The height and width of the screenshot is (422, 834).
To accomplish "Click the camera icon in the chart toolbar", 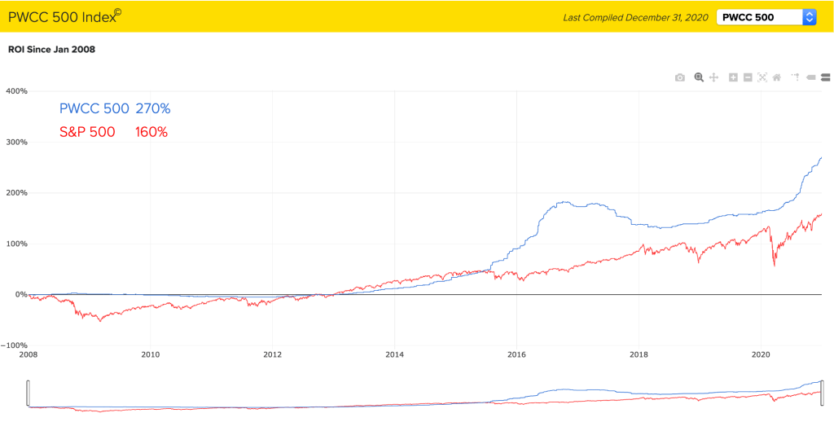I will (x=680, y=77).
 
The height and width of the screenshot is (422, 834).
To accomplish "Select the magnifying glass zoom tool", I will (x=698, y=77).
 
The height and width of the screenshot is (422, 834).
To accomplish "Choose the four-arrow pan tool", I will (x=713, y=77).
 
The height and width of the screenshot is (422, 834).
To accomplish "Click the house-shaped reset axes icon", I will (x=777, y=77).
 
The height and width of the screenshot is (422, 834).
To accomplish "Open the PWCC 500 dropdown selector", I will (x=766, y=17).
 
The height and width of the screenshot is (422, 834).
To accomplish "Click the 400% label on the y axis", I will (x=16, y=91).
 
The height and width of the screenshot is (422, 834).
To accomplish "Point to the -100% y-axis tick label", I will (x=15, y=345).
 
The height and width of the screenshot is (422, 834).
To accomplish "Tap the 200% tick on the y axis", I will (x=16, y=193).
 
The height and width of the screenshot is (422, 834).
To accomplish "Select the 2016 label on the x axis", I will (x=516, y=355).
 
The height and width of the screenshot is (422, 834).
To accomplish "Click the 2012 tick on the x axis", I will (x=272, y=355).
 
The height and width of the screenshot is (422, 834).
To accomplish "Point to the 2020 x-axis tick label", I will (x=760, y=355).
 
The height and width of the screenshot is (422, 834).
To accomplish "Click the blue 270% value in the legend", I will (x=152, y=108).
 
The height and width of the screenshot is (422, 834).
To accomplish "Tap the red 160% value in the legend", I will (x=151, y=132).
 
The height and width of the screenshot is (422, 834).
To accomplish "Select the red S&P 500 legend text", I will (x=87, y=132).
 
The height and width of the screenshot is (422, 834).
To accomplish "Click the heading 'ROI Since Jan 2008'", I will (x=51, y=50).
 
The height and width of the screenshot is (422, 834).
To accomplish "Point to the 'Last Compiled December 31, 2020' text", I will (x=635, y=17).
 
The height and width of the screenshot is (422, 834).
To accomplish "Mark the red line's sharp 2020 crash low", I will (x=774, y=265).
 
